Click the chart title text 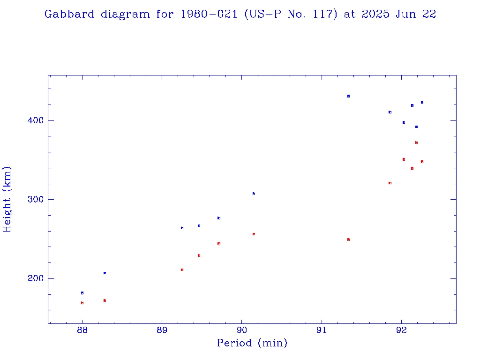coord(240,15)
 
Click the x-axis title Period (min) coord(252,344)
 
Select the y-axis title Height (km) coord(7,199)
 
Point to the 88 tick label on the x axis coord(82,330)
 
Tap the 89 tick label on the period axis coord(162,330)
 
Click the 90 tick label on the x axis coord(241,330)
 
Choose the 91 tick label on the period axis coord(322,330)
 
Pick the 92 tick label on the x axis coord(401,330)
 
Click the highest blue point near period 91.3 coord(348,96)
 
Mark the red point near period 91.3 coord(348,240)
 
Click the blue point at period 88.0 coord(82,293)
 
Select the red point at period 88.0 coord(82,303)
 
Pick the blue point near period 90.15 coord(254,194)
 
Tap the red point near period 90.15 coord(254,234)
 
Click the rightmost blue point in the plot coord(422,102)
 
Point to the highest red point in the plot coord(416,142)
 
